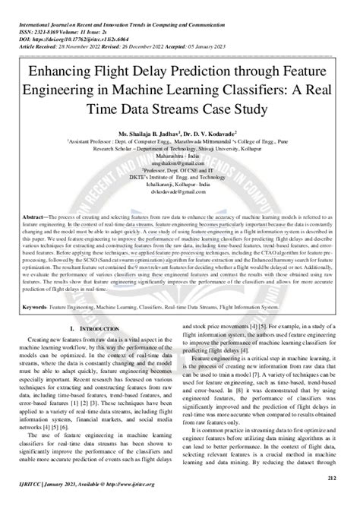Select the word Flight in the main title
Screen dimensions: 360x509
(x=115, y=75)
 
